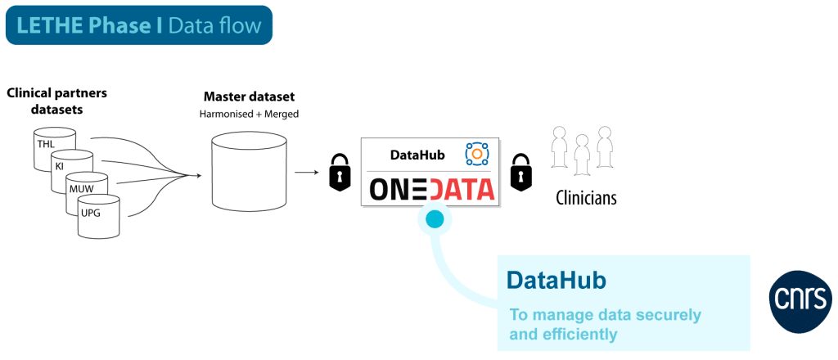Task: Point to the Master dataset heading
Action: pyautogui.click(x=249, y=97)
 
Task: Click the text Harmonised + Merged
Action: pyautogui.click(x=249, y=113)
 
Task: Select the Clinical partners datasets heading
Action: pyautogui.click(x=56, y=100)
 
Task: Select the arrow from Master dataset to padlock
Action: pyautogui.click(x=308, y=173)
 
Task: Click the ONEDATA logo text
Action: pyautogui.click(x=432, y=190)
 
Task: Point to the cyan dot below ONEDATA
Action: pyautogui.click(x=434, y=218)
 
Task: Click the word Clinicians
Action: pyautogui.click(x=586, y=198)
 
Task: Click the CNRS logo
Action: pyautogui.click(x=801, y=295)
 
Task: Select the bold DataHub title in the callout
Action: pyautogui.click(x=556, y=281)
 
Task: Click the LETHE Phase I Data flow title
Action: pyautogui.click(x=138, y=26)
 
